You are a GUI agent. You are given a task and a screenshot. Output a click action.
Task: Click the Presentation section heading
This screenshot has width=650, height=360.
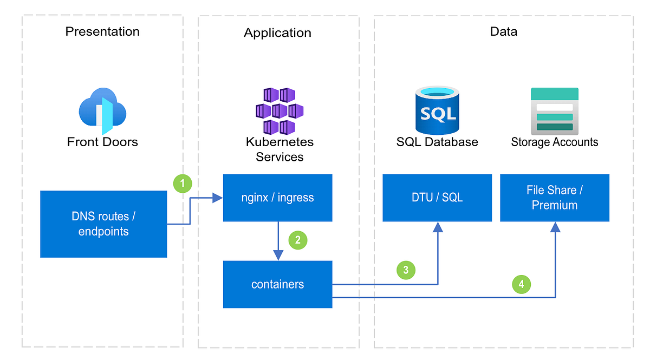pyautogui.click(x=102, y=31)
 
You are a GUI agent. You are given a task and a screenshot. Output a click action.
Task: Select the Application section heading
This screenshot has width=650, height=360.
pyautogui.click(x=277, y=33)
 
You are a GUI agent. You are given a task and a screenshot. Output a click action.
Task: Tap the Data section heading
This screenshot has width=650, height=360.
pyautogui.click(x=503, y=31)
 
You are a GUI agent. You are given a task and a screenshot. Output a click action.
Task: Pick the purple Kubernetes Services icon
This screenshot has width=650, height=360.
pyautogui.click(x=279, y=111)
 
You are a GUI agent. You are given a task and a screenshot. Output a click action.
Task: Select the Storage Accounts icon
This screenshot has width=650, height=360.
pyautogui.click(x=555, y=111)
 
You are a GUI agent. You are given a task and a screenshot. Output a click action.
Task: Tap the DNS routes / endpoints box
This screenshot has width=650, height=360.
pyautogui.click(x=103, y=224)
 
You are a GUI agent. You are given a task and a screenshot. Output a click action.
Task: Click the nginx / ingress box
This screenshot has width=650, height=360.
pyautogui.click(x=277, y=198)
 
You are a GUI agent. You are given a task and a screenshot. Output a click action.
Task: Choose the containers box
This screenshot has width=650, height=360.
pyautogui.click(x=277, y=284)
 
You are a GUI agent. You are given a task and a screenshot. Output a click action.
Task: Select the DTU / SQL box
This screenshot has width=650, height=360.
pyautogui.click(x=437, y=198)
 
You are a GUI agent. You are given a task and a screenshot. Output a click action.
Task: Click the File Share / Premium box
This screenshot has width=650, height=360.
pyautogui.click(x=555, y=198)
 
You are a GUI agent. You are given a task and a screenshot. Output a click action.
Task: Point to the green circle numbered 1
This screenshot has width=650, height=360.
pyautogui.click(x=183, y=183)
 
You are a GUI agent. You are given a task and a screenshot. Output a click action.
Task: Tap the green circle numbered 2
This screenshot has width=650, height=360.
pyautogui.click(x=298, y=240)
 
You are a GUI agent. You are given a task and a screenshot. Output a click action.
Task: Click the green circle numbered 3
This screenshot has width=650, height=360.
pyautogui.click(x=406, y=270)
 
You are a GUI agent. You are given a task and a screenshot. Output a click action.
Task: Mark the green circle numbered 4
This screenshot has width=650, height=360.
pyautogui.click(x=521, y=284)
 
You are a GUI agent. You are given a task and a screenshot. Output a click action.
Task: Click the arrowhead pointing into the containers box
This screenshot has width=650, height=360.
pyautogui.click(x=278, y=256)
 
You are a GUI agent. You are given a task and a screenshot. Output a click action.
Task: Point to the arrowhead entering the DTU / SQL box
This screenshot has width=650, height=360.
pyautogui.click(x=437, y=227)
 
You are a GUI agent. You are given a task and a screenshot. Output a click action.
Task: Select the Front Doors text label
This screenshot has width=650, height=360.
pyautogui.click(x=102, y=142)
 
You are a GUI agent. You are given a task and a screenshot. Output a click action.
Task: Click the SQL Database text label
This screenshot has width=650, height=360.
pyautogui.click(x=437, y=142)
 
